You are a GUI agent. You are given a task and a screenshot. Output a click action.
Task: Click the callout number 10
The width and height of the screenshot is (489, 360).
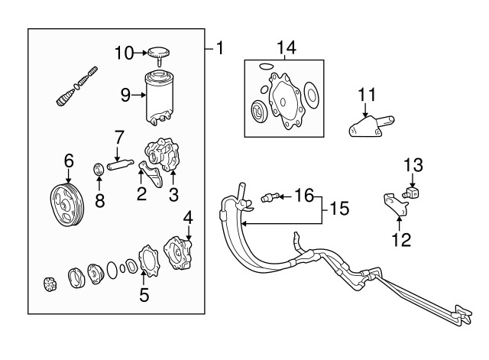(124, 53)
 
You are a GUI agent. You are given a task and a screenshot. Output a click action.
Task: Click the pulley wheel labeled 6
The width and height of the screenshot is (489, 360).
(67, 205)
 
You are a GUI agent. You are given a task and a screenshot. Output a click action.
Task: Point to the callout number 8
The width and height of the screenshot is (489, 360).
(100, 201)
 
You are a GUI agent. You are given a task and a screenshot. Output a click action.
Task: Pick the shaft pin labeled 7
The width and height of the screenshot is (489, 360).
(121, 164)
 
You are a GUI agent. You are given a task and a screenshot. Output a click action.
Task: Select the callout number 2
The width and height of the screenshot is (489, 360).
(141, 194)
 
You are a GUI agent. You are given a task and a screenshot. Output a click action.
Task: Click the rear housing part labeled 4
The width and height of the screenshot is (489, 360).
(178, 253)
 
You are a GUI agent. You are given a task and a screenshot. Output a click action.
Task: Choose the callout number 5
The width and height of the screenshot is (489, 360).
(144, 295)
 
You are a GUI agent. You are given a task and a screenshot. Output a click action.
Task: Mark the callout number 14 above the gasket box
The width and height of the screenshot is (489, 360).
(287, 47)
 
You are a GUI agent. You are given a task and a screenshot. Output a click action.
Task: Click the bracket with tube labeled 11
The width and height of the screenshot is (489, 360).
(370, 125)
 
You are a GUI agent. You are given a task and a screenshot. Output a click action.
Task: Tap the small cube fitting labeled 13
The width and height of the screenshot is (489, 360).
(412, 192)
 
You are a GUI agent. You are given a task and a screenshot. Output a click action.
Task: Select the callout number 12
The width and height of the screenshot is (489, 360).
(401, 239)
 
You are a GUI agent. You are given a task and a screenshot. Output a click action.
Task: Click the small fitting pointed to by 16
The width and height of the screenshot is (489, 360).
(268, 197)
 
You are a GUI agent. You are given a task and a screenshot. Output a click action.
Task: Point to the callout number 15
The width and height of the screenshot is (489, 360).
(339, 209)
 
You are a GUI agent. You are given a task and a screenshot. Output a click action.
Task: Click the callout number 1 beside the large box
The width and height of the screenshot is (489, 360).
(220, 48)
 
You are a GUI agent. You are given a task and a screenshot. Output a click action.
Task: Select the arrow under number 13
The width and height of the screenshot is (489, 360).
(413, 180)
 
